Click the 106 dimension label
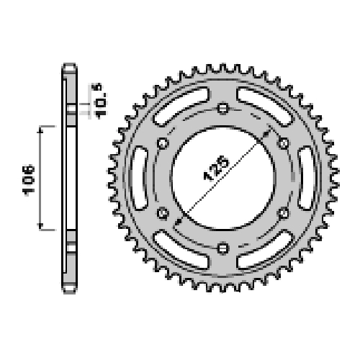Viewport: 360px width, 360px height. point(29,180)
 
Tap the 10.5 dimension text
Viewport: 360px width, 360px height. point(100,101)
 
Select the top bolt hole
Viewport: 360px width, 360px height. point(223,108)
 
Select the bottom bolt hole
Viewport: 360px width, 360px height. point(223,248)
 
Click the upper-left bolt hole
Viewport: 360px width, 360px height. point(163,143)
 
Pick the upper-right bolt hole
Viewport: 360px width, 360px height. point(284,143)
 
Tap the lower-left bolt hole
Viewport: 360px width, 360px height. point(163,213)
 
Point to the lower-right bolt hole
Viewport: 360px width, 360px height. point(284,213)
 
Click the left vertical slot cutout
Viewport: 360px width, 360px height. point(140,178)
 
